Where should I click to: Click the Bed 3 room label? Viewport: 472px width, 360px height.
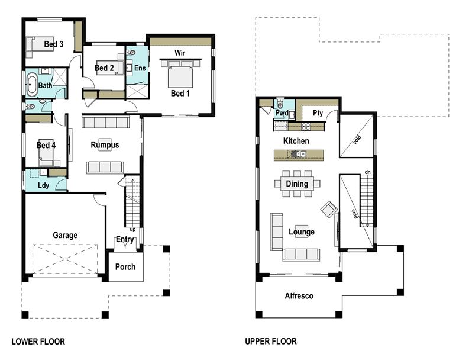tap(53, 44)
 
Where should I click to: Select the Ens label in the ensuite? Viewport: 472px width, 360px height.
tap(140, 69)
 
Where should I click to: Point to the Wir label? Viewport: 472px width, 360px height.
tap(180, 53)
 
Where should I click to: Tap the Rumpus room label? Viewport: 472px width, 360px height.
tap(105, 145)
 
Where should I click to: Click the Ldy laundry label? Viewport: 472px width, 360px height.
tap(44, 185)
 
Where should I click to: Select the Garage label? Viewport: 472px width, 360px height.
tap(65, 235)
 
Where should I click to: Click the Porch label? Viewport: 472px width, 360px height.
tap(125, 266)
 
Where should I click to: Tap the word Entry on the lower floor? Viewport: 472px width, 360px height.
tap(125, 239)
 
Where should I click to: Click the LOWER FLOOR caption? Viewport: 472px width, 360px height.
tap(38, 342)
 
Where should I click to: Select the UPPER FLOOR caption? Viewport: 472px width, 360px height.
tap(271, 342)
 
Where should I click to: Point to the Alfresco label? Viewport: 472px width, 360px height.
tap(299, 296)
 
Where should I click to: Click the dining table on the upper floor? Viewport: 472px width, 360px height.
tap(297, 184)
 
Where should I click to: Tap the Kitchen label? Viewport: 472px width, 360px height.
tap(296, 141)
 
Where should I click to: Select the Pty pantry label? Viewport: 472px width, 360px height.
tap(318, 112)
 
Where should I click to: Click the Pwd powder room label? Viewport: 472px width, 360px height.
tap(282, 112)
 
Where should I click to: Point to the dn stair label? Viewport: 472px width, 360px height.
tap(367, 172)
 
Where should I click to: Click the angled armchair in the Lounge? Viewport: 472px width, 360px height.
tap(328, 208)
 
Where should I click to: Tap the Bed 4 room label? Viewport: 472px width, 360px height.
tap(46, 145)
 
